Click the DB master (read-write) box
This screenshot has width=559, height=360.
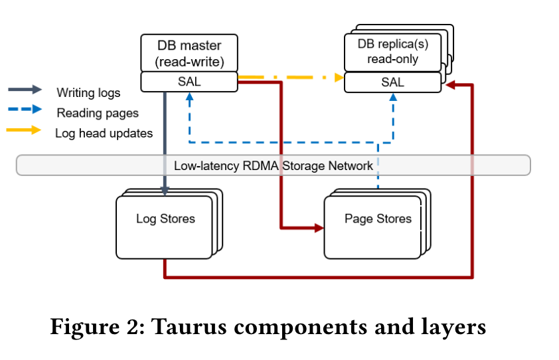189,54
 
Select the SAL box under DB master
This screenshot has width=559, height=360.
189,82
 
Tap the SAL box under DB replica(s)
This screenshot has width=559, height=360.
392,82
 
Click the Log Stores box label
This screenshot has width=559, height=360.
165,219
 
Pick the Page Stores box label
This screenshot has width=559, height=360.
377,219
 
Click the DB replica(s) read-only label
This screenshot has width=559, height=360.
392,50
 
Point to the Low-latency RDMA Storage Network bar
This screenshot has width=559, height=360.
273,165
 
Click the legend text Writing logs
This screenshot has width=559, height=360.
88,92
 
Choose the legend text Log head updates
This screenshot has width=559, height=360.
104,134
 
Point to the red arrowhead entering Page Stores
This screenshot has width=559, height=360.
318,228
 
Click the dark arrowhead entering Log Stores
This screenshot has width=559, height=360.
165,191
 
